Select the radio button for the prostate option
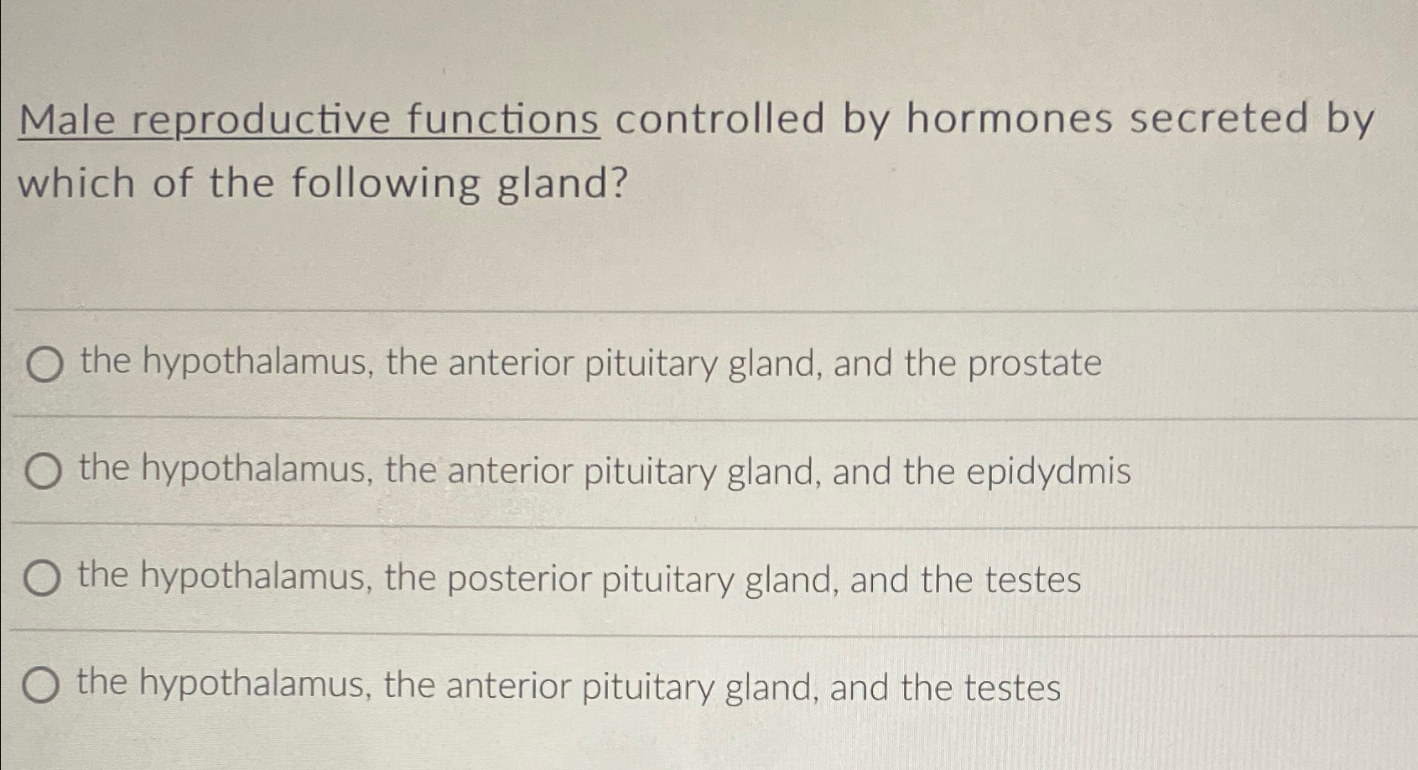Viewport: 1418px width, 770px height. click(44, 366)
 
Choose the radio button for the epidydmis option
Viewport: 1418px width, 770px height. click(43, 472)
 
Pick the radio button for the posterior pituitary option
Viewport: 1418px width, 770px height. click(41, 579)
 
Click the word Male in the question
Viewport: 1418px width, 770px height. click(67, 120)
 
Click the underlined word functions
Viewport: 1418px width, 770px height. click(503, 119)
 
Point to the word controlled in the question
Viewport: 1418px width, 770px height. click(720, 118)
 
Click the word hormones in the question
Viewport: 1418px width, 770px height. click(1010, 118)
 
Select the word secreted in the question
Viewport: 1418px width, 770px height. click(1218, 118)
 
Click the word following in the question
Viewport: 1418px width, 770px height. click(386, 184)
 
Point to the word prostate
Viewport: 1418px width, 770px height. click(1034, 364)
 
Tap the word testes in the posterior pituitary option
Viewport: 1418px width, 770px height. click(1032, 580)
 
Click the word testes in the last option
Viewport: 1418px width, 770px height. click(1012, 689)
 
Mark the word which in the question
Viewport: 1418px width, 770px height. click(76, 184)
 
